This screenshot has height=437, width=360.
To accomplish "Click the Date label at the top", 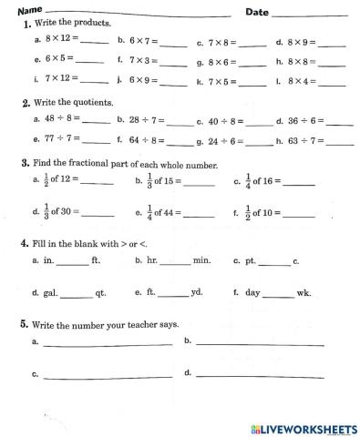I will tap(256, 12).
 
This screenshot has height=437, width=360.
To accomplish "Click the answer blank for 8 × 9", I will tap(331, 42).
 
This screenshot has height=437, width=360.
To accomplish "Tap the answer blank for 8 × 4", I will tap(332, 83).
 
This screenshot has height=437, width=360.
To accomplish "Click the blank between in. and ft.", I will tap(73, 262).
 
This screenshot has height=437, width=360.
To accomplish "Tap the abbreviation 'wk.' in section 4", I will tap(304, 294).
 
